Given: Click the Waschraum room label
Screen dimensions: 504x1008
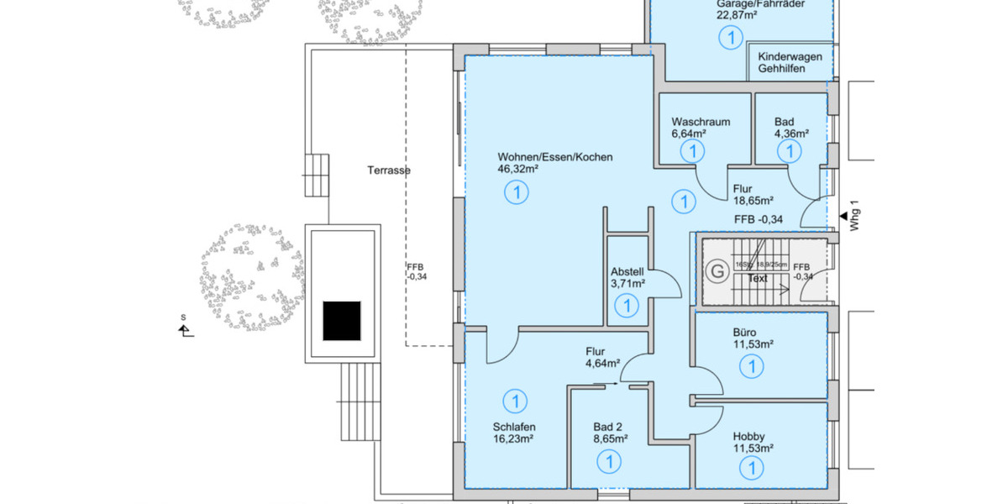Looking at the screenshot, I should pos(700,122).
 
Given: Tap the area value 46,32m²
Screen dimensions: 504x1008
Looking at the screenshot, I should pos(517,169).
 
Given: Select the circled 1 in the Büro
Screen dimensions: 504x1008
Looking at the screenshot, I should pos(752,366).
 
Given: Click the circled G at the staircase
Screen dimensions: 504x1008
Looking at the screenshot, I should pos(717,271).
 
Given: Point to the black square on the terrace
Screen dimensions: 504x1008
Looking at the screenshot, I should pos(342,321).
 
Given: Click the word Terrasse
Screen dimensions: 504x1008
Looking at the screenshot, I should pos(388,171).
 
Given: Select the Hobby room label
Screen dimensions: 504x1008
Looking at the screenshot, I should pos(748,436).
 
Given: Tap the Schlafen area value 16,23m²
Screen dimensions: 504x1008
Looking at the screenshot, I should pos(513,438).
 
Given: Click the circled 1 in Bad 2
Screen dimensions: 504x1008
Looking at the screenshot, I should pos(607,461).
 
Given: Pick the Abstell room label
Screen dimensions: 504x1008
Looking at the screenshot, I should pos(627,271).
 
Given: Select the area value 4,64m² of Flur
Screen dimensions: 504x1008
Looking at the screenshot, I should pos(602,365).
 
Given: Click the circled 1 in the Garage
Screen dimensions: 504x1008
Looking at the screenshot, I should pos(731,37).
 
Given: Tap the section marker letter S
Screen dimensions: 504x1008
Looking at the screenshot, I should pos(183,318).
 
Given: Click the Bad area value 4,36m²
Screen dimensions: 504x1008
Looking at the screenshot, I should pos(791,134).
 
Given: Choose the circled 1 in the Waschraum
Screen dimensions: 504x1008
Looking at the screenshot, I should pos(692,152).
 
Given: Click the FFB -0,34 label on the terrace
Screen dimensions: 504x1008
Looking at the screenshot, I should pos(417,271).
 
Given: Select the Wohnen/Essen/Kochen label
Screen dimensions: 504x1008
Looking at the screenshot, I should pos(554,157).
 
